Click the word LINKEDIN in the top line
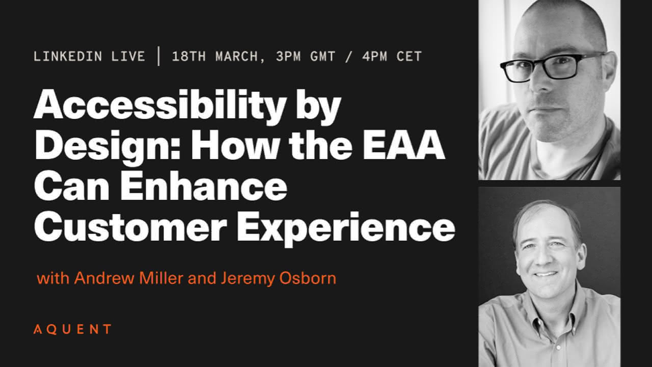[x=68, y=56]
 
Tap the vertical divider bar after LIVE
[x=158, y=56]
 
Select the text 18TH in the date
[x=188, y=56]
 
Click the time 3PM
[x=288, y=56]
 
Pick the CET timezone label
[x=409, y=56]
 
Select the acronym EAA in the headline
[x=404, y=144]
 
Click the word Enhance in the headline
[x=204, y=185]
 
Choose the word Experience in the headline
[x=346, y=228]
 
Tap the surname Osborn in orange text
[x=308, y=278]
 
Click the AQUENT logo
[x=72, y=329]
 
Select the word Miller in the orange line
[x=161, y=278]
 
